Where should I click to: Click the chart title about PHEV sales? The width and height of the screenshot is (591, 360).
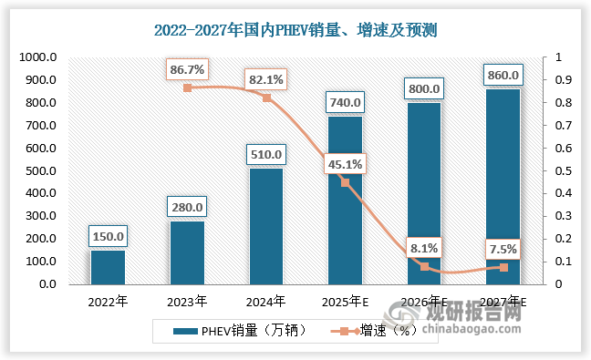[295, 29]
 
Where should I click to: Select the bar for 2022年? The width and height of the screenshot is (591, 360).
[108, 267]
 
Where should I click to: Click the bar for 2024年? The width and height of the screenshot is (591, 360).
[265, 226]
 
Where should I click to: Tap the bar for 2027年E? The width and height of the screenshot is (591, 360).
[503, 186]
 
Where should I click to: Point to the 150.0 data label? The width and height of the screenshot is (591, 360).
[108, 237]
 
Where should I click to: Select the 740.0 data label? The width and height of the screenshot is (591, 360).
[345, 103]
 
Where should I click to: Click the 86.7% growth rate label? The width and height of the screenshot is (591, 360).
[186, 68]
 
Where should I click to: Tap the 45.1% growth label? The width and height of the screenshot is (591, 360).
[345, 165]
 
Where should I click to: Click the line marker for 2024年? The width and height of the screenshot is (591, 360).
[266, 98]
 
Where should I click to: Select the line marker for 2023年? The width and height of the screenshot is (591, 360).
[187, 87]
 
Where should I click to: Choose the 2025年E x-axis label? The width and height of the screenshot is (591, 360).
[345, 301]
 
